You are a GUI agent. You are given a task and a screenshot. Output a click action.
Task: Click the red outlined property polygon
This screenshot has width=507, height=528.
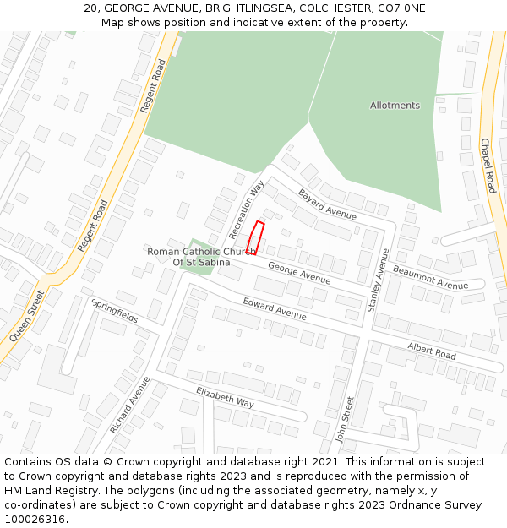(256, 237)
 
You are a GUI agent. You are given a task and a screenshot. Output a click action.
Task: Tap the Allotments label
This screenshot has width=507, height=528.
(395, 106)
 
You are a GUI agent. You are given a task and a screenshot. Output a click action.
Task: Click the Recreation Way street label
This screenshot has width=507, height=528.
(246, 209)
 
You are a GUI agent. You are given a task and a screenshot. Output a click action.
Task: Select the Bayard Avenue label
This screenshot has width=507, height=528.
(327, 204)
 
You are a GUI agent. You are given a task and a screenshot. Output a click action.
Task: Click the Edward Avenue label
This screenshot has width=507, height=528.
(275, 308)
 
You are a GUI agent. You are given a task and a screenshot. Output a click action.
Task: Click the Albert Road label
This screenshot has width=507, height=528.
(431, 351)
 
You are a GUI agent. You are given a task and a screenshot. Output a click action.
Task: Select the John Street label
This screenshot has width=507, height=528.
(343, 420)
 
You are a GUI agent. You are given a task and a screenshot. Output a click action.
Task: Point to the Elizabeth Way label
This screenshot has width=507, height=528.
(225, 397)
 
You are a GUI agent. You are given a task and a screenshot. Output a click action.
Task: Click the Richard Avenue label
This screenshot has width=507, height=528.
(129, 406)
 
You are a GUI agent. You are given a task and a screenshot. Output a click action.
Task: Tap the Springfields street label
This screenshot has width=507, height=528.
(115, 312)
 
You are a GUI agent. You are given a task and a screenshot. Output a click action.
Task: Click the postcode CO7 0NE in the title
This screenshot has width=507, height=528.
(403, 8)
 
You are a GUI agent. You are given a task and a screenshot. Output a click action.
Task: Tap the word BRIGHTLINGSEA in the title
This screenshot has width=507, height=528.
(210, 8)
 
